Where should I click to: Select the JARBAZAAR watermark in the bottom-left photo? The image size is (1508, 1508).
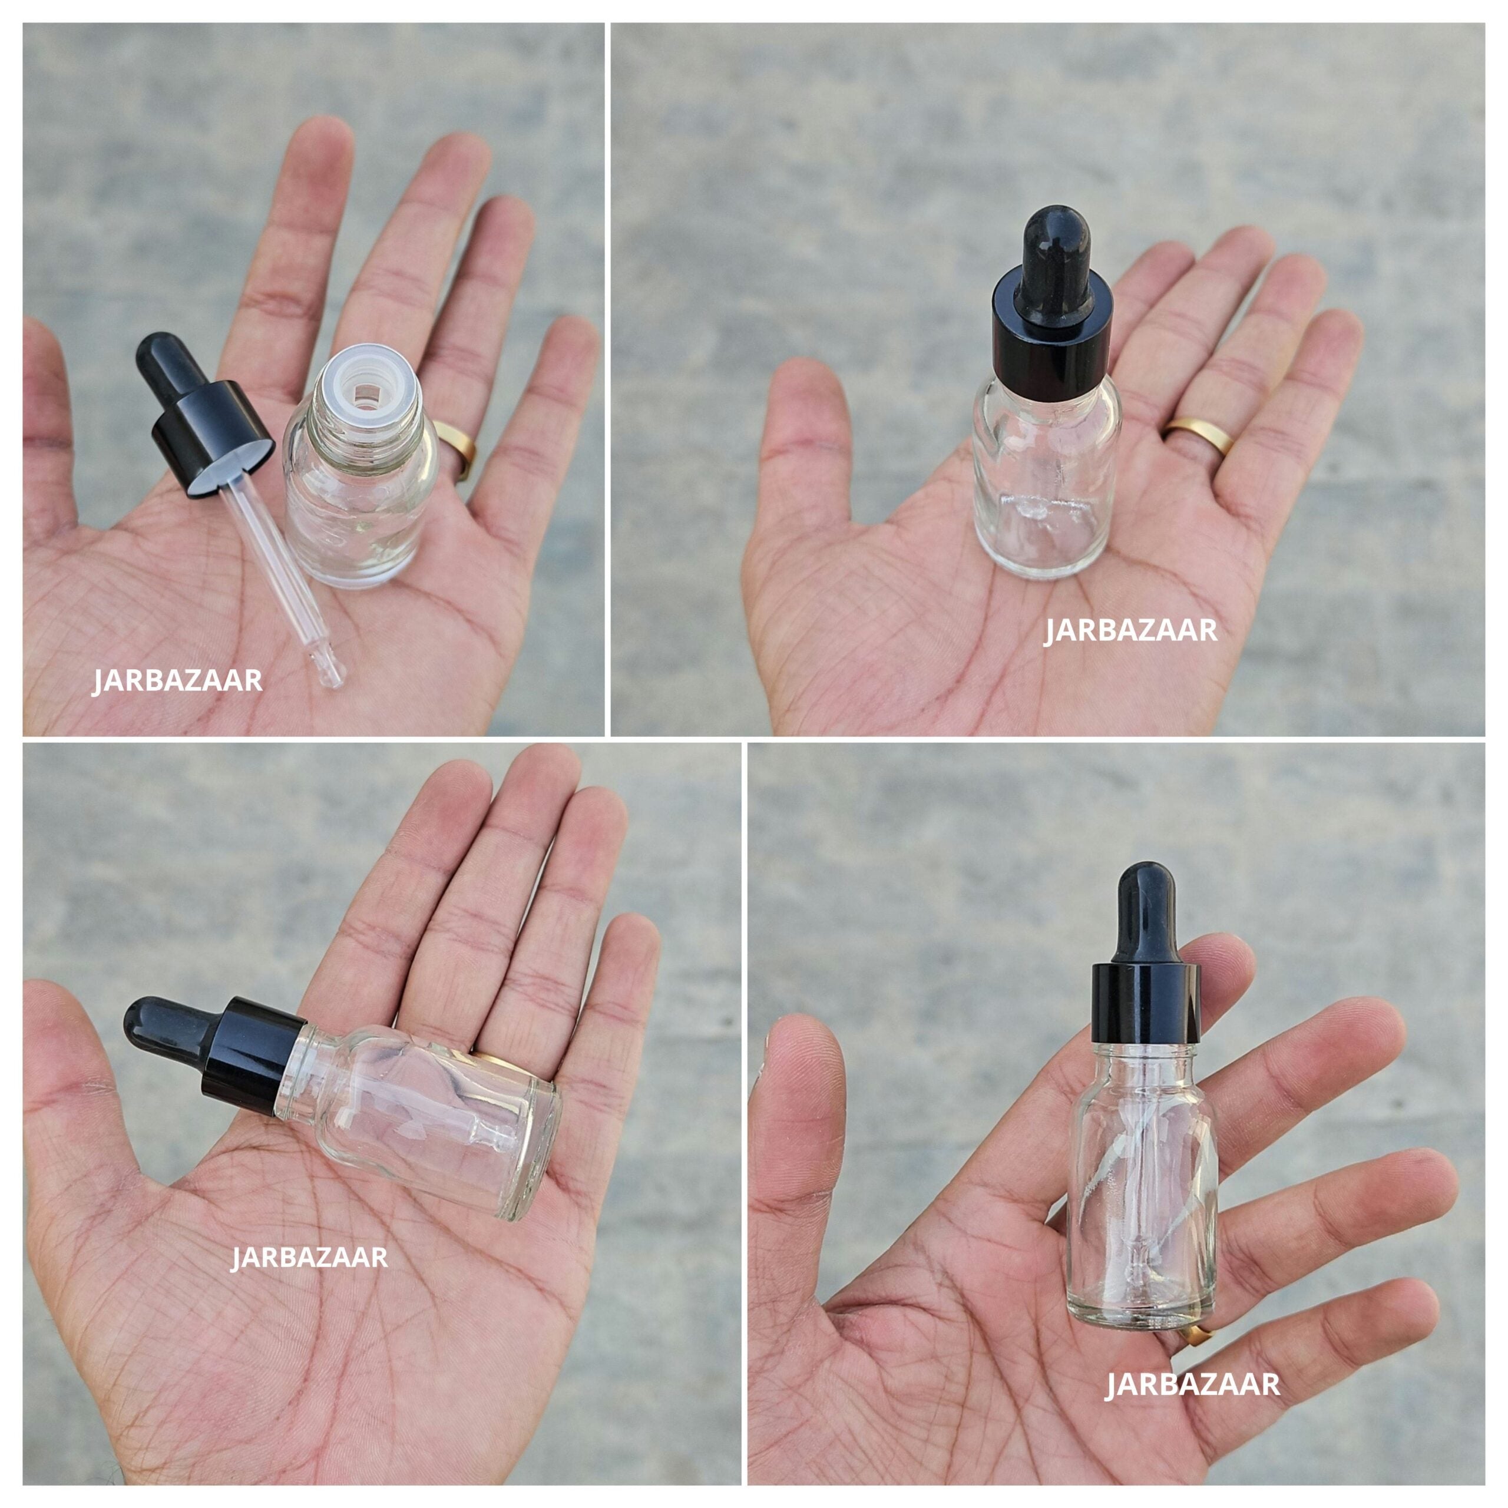click(309, 1258)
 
